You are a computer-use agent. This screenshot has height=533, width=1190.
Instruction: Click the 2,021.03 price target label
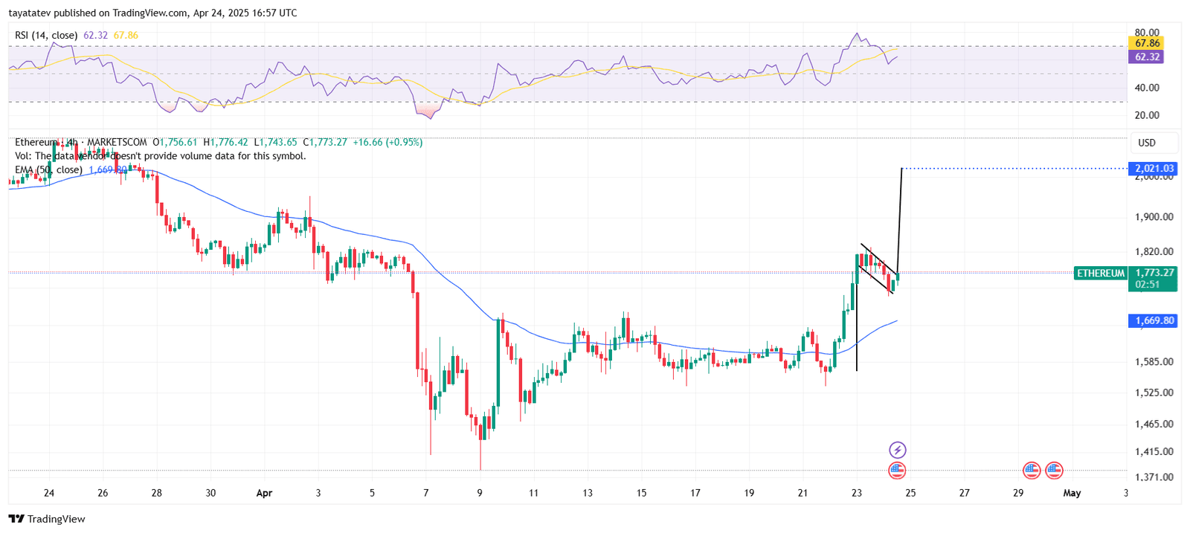[x=1154, y=169]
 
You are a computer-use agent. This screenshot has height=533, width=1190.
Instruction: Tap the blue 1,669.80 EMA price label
[x=1154, y=320]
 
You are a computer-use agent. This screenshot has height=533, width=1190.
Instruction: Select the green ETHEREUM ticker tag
[x=1100, y=274]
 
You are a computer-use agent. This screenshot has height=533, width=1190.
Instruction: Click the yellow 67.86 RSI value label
[x=1147, y=44]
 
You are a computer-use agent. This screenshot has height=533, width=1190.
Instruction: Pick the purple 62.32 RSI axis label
[x=1147, y=57]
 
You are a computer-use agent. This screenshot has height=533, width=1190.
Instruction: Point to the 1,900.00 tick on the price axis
[x=1154, y=217]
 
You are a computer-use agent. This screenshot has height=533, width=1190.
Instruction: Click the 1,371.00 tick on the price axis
[x=1154, y=477]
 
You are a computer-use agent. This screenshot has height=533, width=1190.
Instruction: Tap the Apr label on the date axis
[x=264, y=493]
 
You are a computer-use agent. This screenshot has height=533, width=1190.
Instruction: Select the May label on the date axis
[x=1072, y=493]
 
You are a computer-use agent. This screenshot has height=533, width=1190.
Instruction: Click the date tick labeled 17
[x=695, y=493]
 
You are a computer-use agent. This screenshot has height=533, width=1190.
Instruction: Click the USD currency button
[x=1147, y=143]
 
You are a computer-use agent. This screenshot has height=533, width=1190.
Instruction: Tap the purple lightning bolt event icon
[x=898, y=450]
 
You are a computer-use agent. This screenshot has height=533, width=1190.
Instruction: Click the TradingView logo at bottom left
[x=47, y=519]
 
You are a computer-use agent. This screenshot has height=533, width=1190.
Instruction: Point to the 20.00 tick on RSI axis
[x=1147, y=115]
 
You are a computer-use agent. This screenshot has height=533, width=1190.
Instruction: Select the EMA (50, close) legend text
[x=49, y=170]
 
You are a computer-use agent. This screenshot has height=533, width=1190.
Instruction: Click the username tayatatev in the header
[x=30, y=13]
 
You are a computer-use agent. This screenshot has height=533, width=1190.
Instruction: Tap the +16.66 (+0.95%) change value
[x=387, y=142]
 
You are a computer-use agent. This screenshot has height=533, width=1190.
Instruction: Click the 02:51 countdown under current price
[x=1147, y=285]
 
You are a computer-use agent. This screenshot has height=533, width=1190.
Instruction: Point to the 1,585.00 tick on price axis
[x=1154, y=362]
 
